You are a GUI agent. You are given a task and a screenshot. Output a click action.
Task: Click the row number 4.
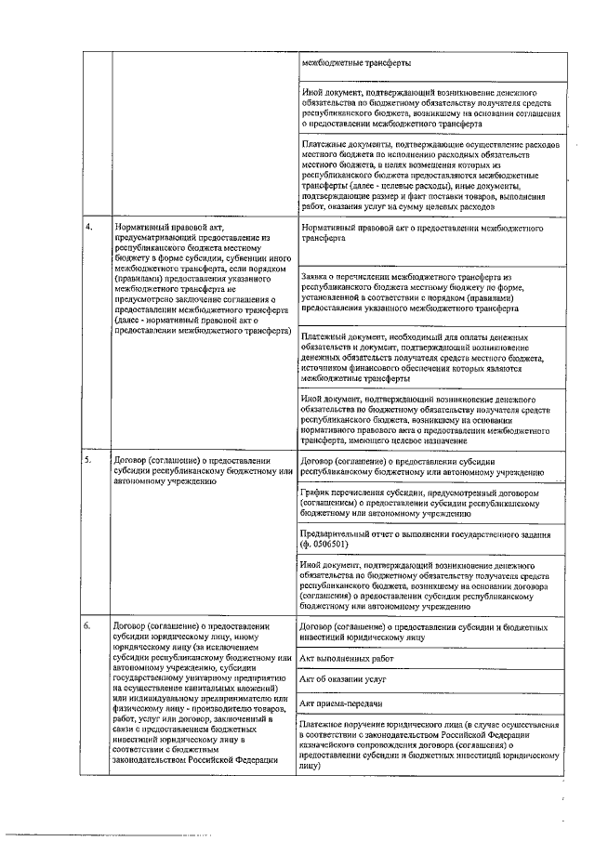click(89, 226)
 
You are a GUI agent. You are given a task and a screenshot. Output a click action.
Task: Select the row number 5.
click(89, 460)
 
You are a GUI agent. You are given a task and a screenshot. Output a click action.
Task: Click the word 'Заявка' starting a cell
click(317, 277)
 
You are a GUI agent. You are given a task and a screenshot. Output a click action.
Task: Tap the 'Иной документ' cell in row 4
click(430, 418)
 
